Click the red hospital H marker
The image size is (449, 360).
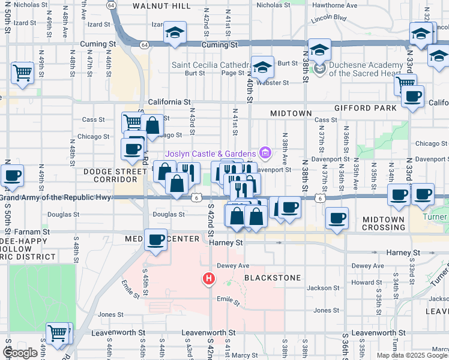pyautogui.click(x=209, y=279)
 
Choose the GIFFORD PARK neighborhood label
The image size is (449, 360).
pyautogui.click(x=366, y=108)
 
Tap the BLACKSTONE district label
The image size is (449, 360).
pyautogui.click(x=270, y=278)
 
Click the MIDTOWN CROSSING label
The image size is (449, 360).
pyautogui.click(x=384, y=224)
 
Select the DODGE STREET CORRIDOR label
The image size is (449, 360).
pyautogui.click(x=114, y=175)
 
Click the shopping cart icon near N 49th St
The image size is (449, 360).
pyautogui.click(x=22, y=73)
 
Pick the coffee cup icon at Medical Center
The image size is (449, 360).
pyautogui.click(x=156, y=240)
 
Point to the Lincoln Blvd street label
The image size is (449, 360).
pyautogui.click(x=329, y=19)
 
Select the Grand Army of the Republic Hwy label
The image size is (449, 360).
pyautogui.click(x=56, y=197)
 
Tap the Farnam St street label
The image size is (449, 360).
pyautogui.click(x=29, y=231)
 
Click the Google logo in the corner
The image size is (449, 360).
pyautogui.click(x=20, y=353)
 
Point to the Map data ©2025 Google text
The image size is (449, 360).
pyautogui.click(x=411, y=355)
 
